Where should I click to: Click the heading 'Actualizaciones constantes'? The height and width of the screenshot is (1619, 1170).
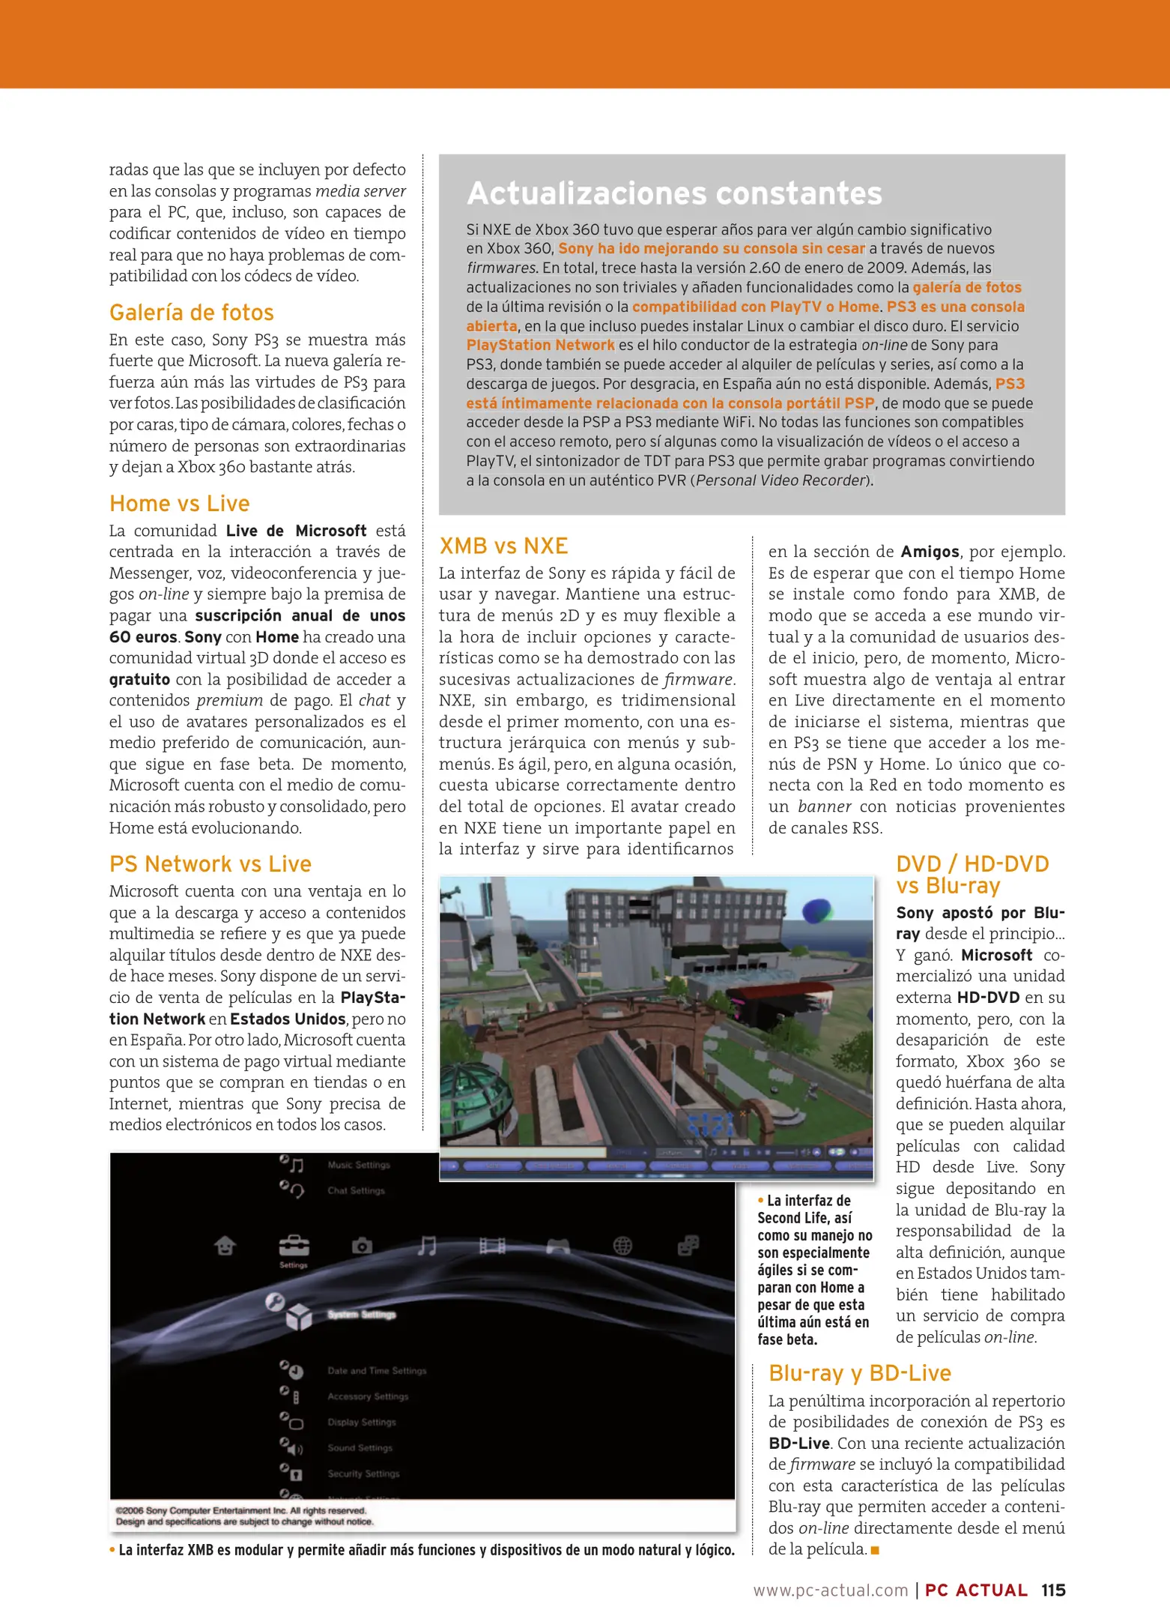tap(674, 193)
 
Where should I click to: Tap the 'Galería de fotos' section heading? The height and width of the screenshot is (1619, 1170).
tap(192, 313)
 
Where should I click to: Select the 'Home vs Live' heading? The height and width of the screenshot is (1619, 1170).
tap(180, 504)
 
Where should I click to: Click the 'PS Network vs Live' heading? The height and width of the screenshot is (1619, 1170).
tap(210, 864)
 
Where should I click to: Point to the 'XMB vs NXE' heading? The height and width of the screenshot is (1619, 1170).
tap(503, 546)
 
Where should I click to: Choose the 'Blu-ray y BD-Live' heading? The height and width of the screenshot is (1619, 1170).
tap(859, 1373)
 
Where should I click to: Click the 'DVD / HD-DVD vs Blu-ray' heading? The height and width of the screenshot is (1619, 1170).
tap(972, 875)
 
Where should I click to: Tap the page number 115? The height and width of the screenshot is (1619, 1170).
tap(1053, 1591)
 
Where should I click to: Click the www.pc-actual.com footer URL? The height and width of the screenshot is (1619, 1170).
tap(830, 1591)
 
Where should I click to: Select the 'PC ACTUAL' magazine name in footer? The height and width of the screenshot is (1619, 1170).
tap(976, 1591)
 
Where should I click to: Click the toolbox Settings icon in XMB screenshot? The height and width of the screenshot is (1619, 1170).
tap(294, 1246)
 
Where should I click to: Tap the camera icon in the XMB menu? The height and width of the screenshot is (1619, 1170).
tap(362, 1246)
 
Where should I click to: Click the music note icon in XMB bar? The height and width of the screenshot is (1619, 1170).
tap(427, 1246)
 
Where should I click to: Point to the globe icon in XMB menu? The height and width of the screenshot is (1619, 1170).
tap(622, 1246)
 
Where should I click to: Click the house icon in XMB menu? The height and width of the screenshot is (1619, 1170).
tap(225, 1246)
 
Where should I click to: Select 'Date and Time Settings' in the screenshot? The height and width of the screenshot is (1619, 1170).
tap(377, 1371)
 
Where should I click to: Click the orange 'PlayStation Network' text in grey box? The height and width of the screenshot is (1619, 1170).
tap(540, 345)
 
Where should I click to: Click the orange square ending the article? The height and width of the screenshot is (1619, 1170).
tap(875, 1550)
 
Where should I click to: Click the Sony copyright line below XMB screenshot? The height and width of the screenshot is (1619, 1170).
tap(241, 1511)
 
